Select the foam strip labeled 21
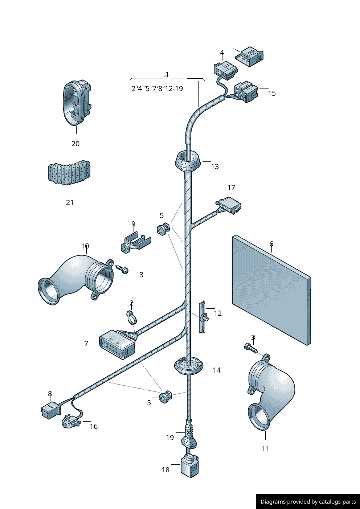tap(69, 173)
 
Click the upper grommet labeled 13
tap(188, 162)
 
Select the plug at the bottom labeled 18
tap(190, 466)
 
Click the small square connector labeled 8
tap(50, 410)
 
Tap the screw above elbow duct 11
tap(252, 348)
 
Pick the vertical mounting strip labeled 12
tap(202, 317)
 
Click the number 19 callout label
tap(170, 438)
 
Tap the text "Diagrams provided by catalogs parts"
tap(308, 502)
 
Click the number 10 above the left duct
tap(85, 246)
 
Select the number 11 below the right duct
tap(265, 449)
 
